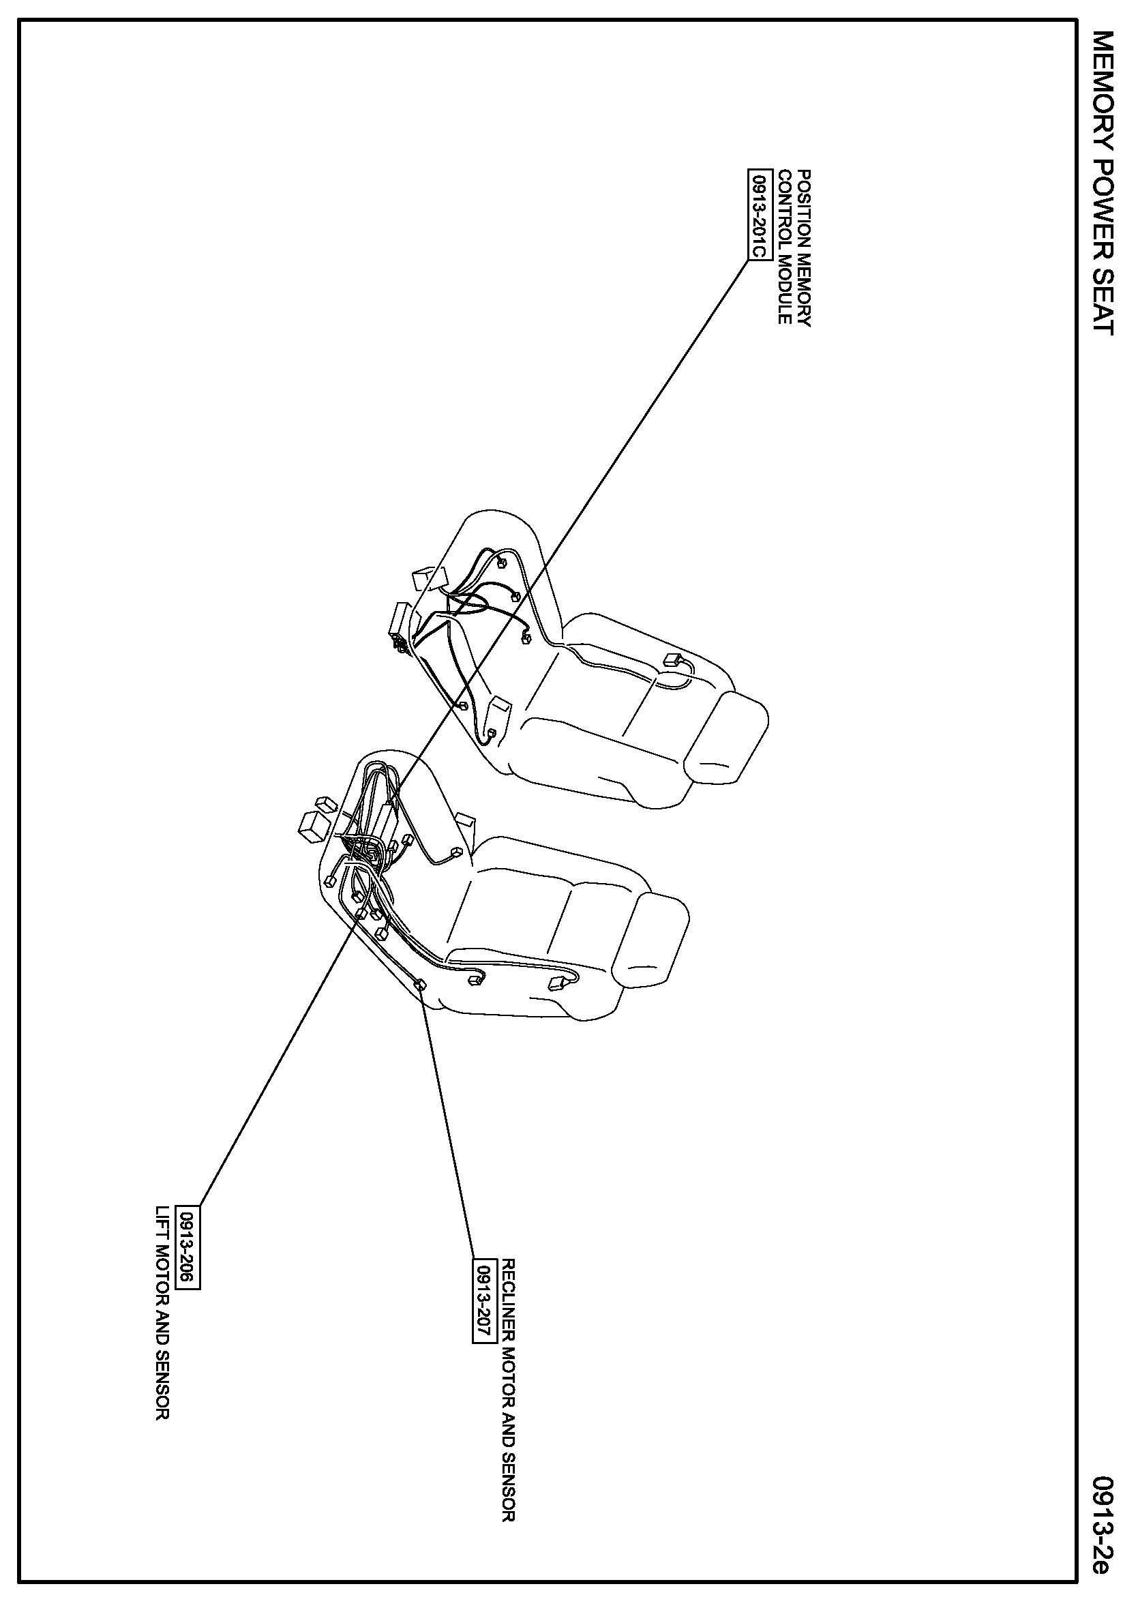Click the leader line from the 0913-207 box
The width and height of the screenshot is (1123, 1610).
coord(449,1122)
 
